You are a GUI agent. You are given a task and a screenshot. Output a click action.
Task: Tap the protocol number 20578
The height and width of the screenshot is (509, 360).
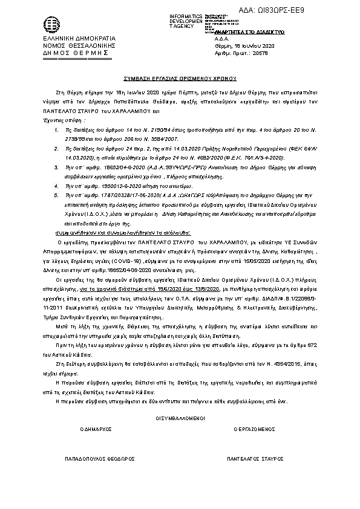tap(260, 53)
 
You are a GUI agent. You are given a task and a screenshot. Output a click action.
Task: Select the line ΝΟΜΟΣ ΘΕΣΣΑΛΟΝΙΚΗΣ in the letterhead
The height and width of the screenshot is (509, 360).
tap(71, 46)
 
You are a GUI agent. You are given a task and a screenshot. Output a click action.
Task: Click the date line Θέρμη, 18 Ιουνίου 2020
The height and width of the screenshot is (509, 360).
tap(244, 46)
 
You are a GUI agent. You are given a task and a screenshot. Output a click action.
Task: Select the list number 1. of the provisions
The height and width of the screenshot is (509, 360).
tap(56, 114)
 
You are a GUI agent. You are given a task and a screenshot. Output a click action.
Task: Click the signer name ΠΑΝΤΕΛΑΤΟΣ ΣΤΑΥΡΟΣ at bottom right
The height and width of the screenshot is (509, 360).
tap(255, 459)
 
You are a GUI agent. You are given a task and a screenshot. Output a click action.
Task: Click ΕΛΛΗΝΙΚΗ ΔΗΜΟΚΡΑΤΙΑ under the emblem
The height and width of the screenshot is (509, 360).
tap(71, 39)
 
